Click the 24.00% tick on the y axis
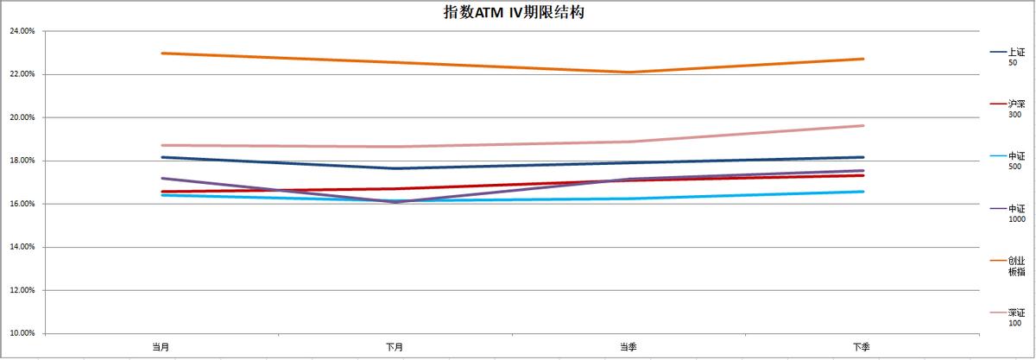tap(21, 31)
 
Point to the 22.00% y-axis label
tap(21, 74)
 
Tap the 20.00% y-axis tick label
tap(21, 117)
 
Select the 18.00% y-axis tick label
tap(21, 161)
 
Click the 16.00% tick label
tap(21, 204)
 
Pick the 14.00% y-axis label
tap(21, 247)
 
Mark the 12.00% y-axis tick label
tap(21, 290)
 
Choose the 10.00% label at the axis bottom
tap(21, 333)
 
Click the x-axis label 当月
tap(161, 346)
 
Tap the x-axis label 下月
tap(395, 346)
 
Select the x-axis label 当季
tap(629, 346)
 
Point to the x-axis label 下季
tap(862, 346)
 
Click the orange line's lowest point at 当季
tap(629, 72)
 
